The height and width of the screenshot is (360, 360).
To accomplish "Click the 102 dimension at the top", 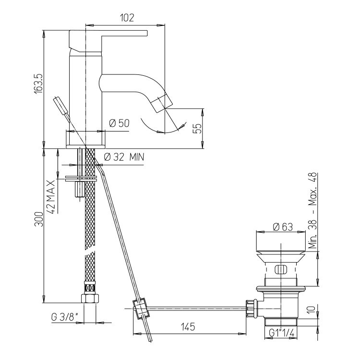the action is pos(127,18).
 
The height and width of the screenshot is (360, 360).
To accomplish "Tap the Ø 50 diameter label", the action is pos(120,123).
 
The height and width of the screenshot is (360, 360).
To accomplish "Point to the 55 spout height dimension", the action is pos(198,129).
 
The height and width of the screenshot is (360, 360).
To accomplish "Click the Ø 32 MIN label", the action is pos(124,157).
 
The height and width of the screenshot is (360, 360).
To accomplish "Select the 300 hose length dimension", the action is pos(39,219).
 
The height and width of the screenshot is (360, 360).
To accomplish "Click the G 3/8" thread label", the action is pos(64,318).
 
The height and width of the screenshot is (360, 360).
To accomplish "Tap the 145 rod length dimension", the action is pos(188,327).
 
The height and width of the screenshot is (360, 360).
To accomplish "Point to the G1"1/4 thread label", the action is pos(281,333).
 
